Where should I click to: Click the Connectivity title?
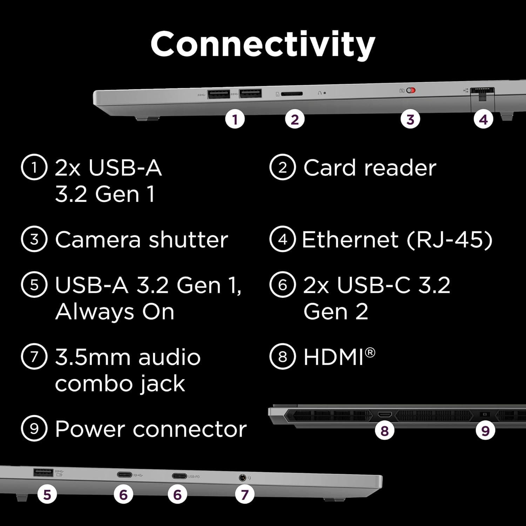(x=263, y=44)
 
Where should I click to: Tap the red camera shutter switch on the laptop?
(x=411, y=90)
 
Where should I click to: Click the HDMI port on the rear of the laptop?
(x=384, y=414)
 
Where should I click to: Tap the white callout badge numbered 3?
(x=410, y=120)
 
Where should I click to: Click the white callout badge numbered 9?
(x=485, y=431)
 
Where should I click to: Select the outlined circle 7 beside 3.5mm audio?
(x=34, y=357)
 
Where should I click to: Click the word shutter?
(x=188, y=240)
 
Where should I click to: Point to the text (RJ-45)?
(x=450, y=240)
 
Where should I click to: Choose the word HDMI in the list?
(x=333, y=357)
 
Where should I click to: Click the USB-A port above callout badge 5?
(x=43, y=472)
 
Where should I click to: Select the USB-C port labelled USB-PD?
(x=179, y=476)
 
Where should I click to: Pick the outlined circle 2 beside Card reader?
(x=282, y=167)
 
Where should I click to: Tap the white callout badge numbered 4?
(x=483, y=120)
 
